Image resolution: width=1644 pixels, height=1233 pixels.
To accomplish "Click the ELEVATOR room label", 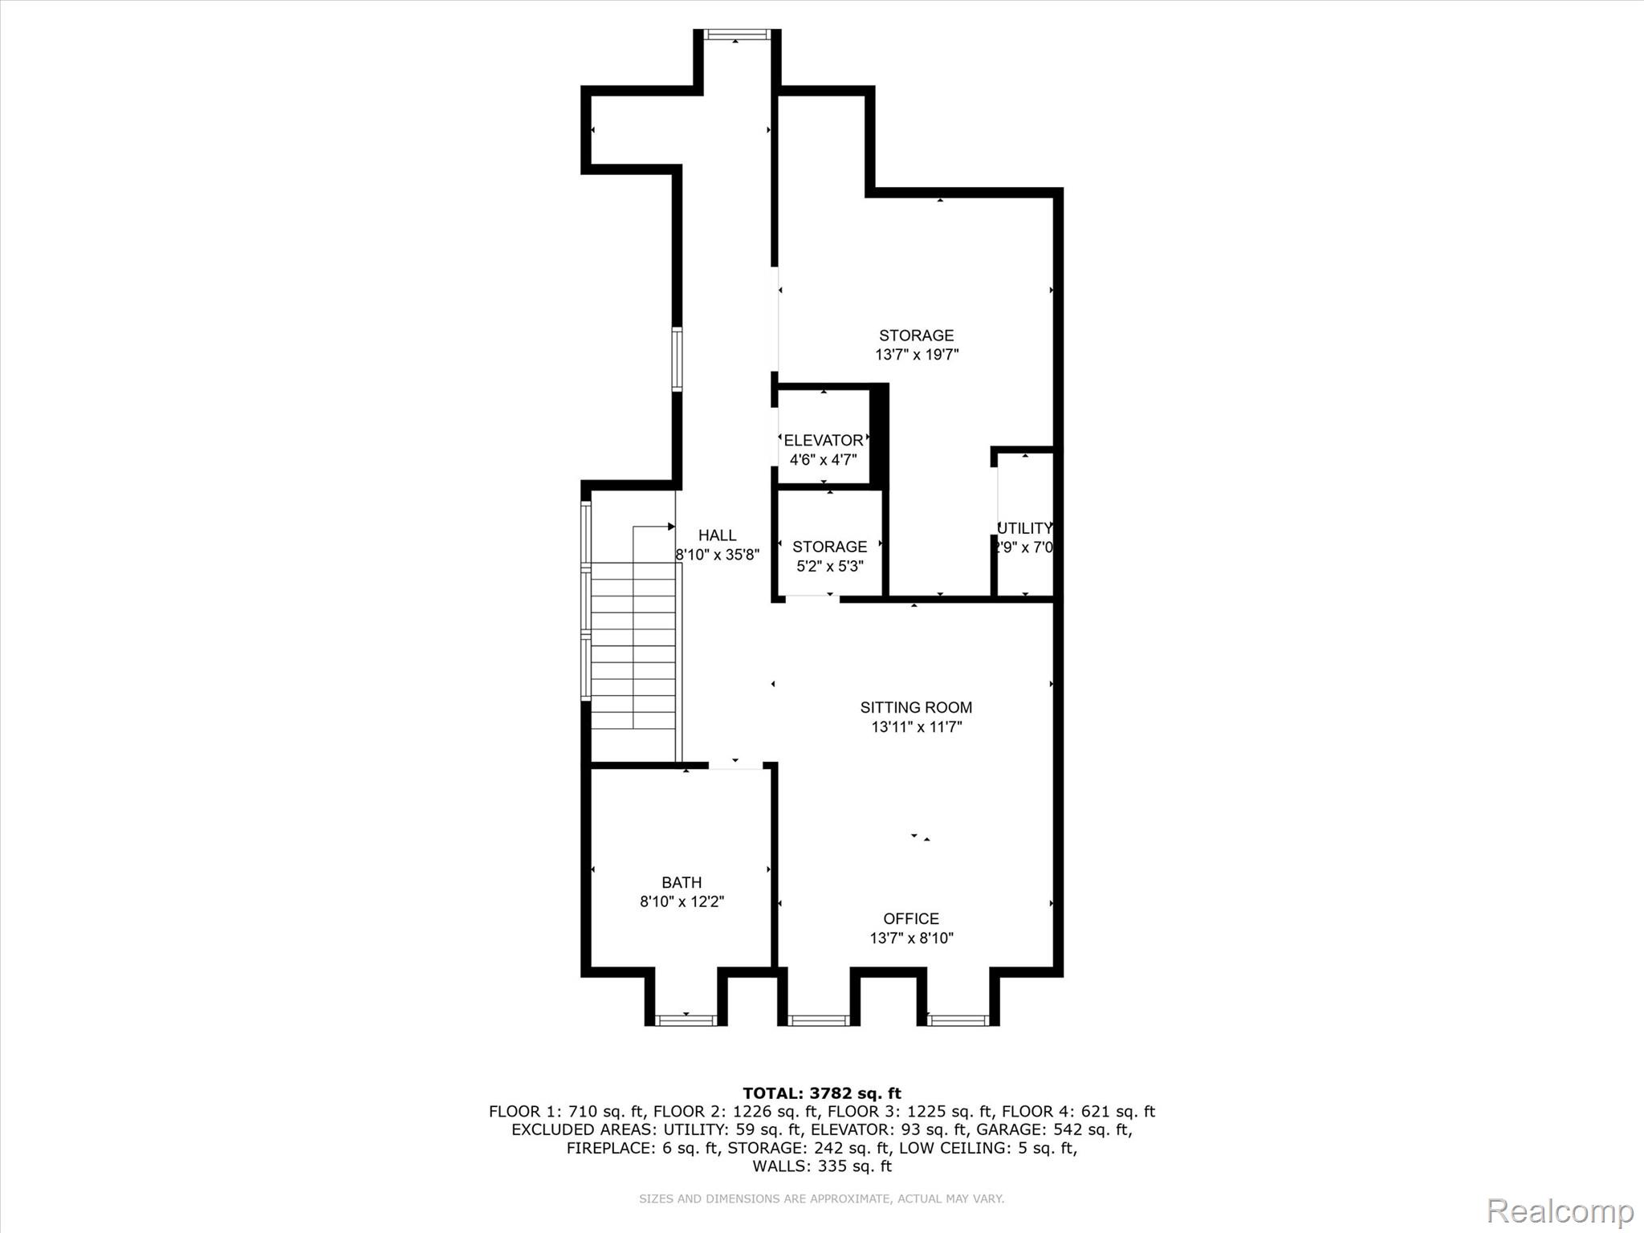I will point(823,440).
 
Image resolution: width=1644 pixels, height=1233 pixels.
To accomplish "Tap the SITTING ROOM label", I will point(916,707).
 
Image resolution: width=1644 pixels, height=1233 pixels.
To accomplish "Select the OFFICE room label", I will point(911,918).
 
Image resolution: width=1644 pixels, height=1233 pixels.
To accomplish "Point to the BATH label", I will point(682,882).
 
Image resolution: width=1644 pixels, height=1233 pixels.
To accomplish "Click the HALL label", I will point(717,535).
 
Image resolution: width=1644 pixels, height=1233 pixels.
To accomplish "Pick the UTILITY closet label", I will point(1024,528).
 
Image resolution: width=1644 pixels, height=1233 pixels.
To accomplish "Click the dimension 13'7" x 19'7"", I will point(917,355).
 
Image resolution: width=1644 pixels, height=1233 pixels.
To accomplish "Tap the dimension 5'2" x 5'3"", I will point(829,566).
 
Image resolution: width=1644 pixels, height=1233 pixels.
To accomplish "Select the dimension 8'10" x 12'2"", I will point(682,901).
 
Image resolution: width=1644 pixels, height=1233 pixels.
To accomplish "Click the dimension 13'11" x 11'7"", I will point(916,727).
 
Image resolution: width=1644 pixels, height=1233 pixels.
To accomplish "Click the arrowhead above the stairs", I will point(671,527).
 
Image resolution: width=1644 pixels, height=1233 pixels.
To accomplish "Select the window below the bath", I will point(686,1020).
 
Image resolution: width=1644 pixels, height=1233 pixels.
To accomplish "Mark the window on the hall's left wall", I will point(677,359).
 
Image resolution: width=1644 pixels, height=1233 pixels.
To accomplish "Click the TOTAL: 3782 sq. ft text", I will point(821,1093).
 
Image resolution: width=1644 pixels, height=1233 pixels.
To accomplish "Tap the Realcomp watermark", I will point(1560,1211).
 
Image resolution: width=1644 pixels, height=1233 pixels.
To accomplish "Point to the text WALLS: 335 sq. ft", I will point(821,1166).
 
